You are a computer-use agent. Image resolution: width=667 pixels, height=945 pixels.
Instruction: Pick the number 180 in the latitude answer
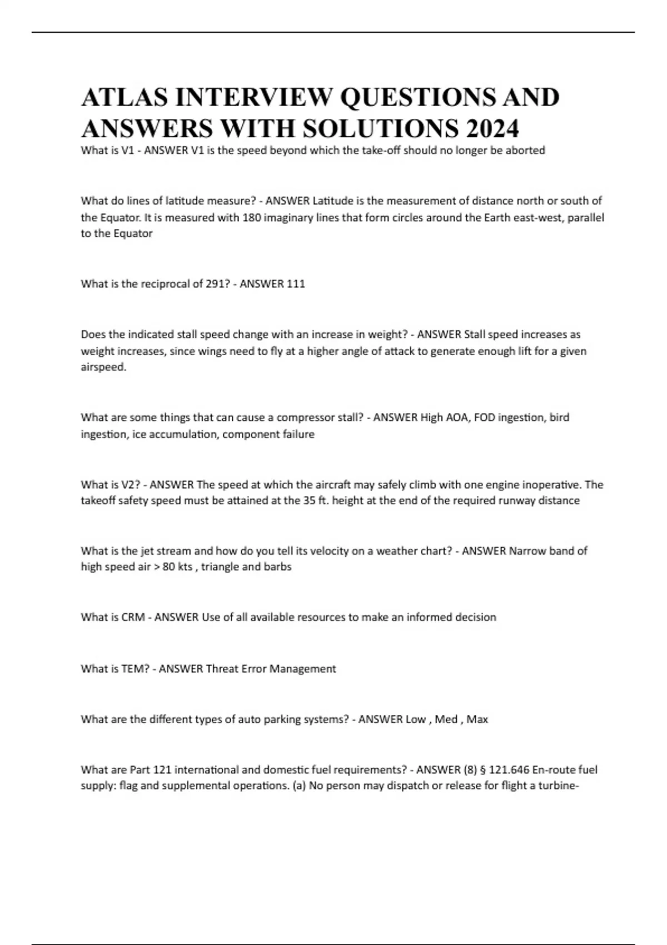point(252,217)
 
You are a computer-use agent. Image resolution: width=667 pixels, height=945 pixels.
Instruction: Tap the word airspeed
point(103,367)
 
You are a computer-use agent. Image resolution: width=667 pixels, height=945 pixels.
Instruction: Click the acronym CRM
point(133,618)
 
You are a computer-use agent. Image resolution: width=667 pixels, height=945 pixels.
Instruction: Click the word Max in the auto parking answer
point(477,719)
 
